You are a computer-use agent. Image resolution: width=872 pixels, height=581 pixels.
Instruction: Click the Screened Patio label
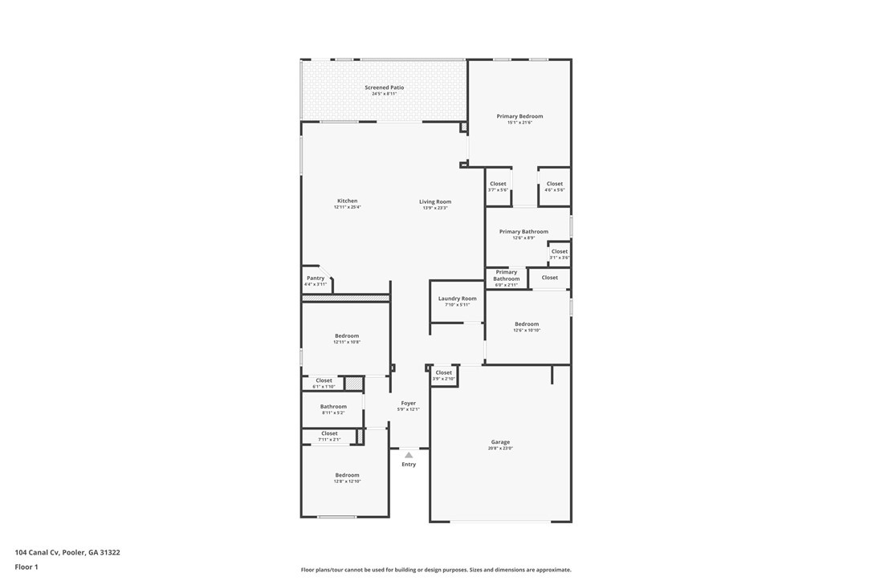384,87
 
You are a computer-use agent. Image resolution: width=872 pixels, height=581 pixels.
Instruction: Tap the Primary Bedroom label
520,116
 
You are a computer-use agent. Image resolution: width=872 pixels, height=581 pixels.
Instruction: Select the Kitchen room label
347,201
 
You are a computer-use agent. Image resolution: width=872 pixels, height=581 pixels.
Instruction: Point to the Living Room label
435,201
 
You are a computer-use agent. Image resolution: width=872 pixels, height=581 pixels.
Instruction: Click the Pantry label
316,278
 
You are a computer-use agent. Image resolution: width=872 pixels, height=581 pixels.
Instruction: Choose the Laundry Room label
457,299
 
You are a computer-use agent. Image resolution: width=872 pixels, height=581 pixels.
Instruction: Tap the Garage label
500,442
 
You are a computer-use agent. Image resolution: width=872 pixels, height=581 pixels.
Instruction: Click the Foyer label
408,403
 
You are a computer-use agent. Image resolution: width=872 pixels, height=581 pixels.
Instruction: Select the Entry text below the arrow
409,465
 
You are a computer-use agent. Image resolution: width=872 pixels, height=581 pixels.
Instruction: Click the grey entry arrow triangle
409,455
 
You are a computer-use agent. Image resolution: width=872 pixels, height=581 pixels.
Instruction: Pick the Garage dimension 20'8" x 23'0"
500,449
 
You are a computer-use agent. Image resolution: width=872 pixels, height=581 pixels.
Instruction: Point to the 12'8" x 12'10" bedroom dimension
347,481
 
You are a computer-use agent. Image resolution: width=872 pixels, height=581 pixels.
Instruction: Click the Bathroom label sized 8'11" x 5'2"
333,407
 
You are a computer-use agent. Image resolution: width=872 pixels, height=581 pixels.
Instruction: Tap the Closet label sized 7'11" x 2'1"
329,433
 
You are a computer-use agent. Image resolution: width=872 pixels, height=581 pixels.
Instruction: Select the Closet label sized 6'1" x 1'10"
324,380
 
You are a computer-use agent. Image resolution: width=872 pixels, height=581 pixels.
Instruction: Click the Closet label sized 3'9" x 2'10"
443,372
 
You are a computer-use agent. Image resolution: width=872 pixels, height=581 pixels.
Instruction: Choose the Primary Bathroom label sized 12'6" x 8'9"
524,232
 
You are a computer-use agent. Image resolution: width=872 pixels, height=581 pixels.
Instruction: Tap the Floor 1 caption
26,567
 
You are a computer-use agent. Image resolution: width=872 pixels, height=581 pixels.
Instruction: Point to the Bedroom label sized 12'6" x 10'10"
527,324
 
